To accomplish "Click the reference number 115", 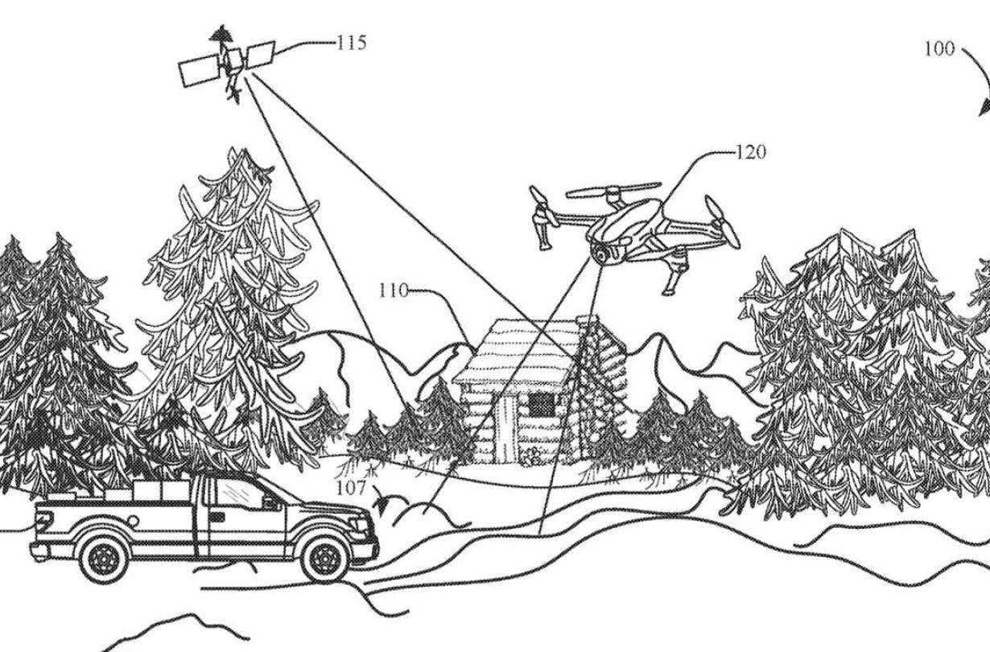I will [x=351, y=42].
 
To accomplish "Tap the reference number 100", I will [x=938, y=49].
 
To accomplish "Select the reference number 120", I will [x=750, y=151].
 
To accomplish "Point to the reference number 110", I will [x=394, y=290].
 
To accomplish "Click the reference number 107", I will [x=352, y=488].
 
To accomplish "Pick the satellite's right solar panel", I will [x=260, y=55].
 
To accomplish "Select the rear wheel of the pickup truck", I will [x=104, y=555].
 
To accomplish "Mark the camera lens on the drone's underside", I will [x=600, y=254].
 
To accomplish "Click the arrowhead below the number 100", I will [x=984, y=109].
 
